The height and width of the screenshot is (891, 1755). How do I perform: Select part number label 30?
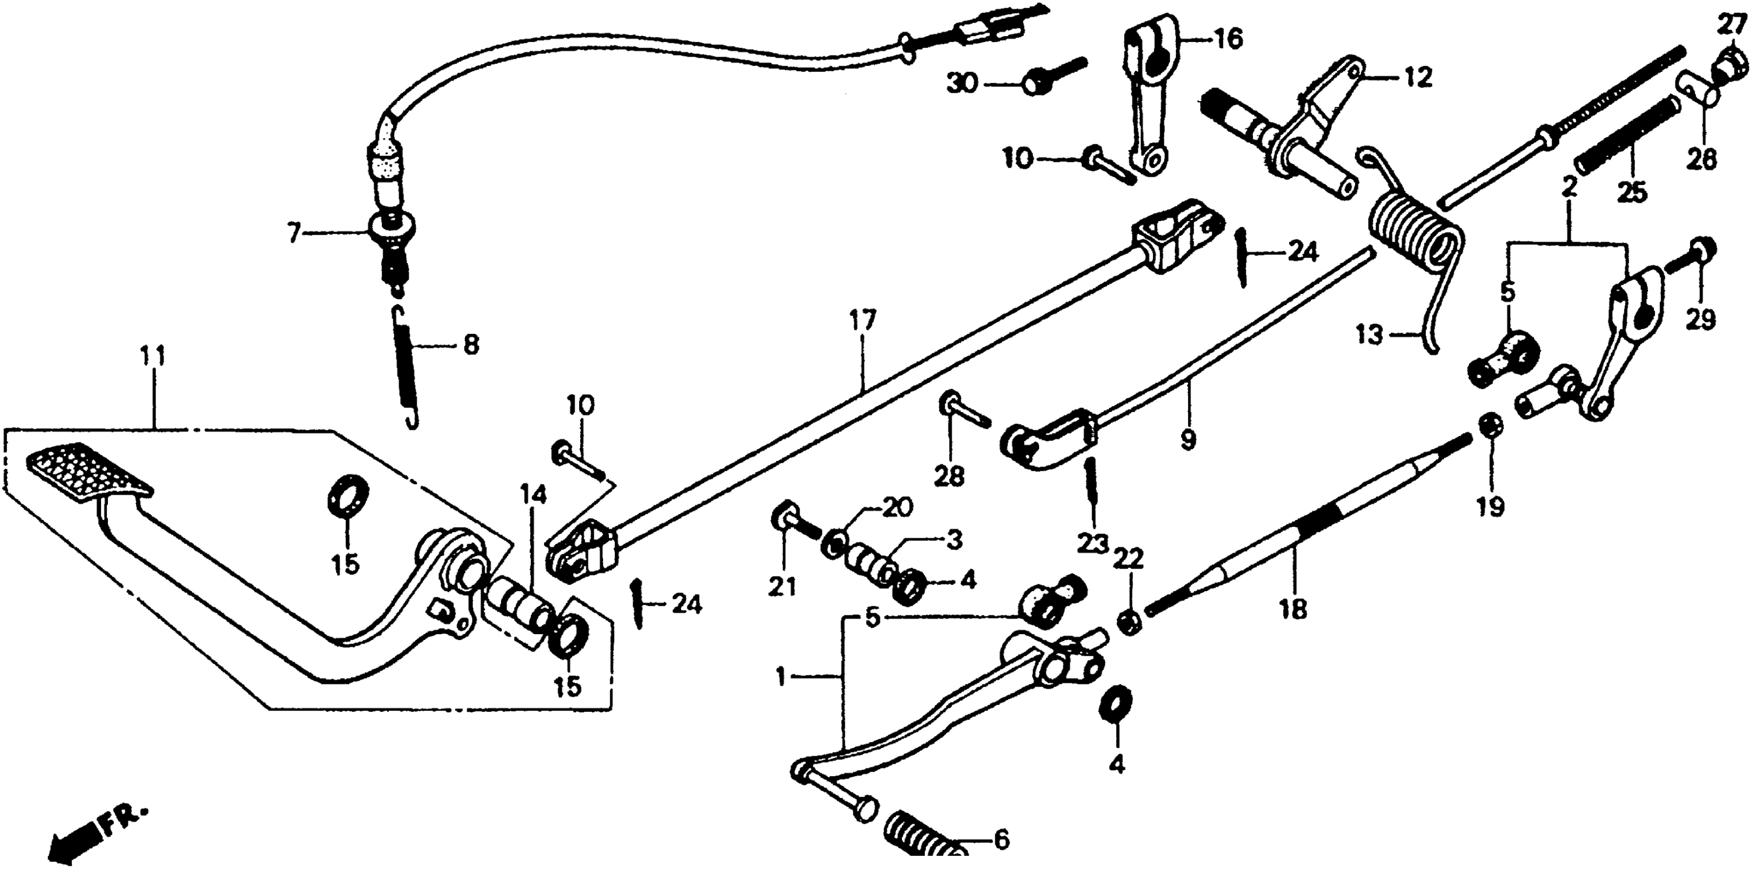[961, 84]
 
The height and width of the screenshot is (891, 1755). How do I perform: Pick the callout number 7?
[293, 234]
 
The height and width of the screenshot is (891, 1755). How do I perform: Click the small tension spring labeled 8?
[407, 368]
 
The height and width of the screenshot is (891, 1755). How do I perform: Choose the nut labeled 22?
[1128, 623]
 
